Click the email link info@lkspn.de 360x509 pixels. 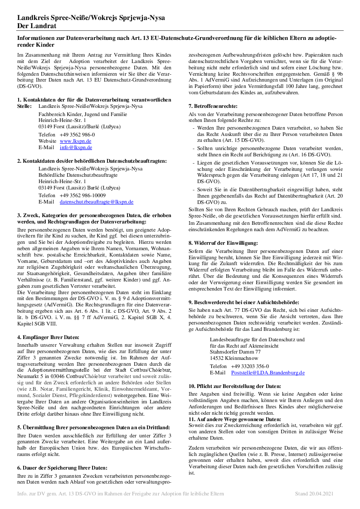coord(76,147)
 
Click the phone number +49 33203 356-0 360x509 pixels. coord(250,366)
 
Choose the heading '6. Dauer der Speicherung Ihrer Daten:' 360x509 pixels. coord(62,467)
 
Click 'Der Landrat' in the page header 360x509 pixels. coord(36,26)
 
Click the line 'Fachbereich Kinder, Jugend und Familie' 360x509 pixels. coord(83,114)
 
